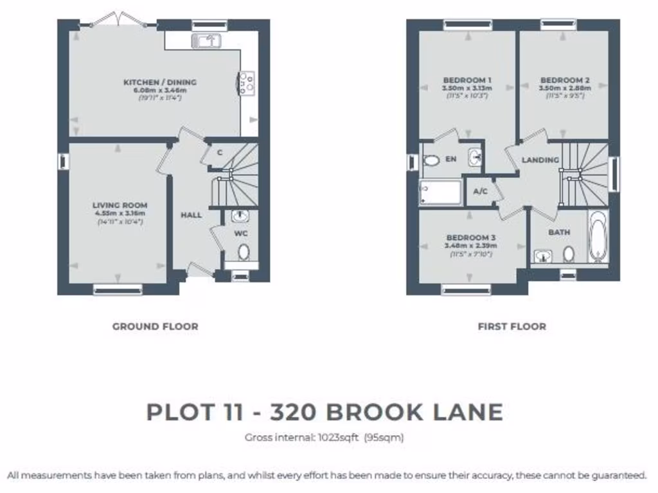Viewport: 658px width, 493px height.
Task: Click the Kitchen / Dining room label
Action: click(x=160, y=82)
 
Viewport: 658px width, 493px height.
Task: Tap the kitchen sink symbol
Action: click(x=206, y=41)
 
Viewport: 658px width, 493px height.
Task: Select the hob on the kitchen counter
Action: click(x=246, y=83)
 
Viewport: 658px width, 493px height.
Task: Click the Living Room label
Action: click(x=120, y=205)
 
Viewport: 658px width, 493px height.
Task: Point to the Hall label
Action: click(x=191, y=215)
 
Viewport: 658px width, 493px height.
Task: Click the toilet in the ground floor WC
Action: click(x=244, y=251)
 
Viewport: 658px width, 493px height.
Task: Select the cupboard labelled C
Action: click(x=219, y=153)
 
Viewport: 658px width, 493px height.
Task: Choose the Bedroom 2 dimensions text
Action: click(x=565, y=88)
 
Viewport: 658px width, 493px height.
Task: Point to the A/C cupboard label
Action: click(x=480, y=191)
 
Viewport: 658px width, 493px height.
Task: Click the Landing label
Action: click(x=540, y=160)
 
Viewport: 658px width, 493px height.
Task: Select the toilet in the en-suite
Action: click(x=431, y=160)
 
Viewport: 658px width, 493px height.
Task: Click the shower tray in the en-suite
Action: click(x=440, y=192)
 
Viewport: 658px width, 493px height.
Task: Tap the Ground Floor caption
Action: click(x=155, y=326)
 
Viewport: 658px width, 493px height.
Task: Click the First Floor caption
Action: click(x=511, y=326)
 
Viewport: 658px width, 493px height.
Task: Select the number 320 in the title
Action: click(x=298, y=411)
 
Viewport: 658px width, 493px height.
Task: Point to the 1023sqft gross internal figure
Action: click(x=337, y=438)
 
